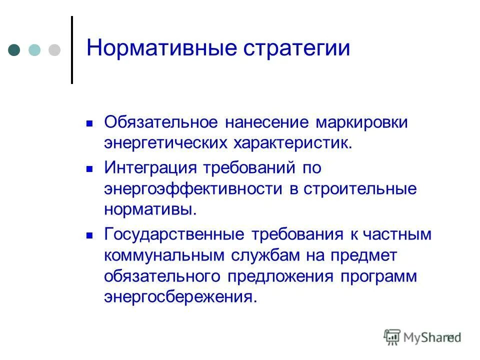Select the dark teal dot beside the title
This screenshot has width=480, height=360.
(14, 49)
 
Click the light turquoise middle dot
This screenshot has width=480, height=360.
(34, 49)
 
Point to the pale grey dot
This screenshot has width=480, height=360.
(54, 49)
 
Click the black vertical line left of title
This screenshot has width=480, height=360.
(72, 50)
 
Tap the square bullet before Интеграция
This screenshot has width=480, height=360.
(90, 169)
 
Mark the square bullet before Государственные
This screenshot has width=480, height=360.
(90, 234)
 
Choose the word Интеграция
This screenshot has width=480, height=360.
(148, 168)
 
